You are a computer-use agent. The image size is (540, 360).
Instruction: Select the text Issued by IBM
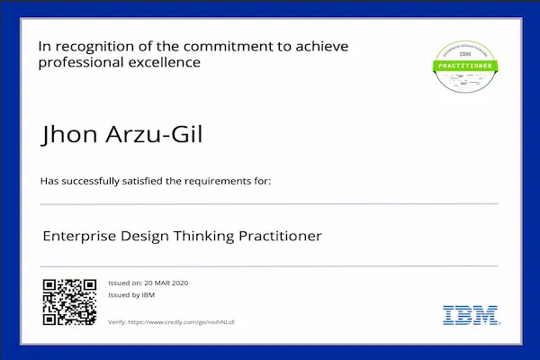click(131, 294)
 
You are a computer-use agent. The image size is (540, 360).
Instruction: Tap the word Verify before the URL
click(116, 321)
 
